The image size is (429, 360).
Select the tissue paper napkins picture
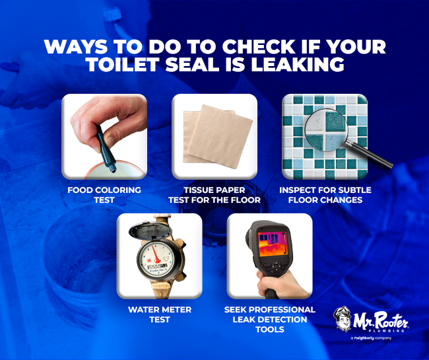(213, 136)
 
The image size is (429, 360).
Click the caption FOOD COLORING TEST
(104, 196)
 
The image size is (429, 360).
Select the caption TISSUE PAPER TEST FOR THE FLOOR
(214, 196)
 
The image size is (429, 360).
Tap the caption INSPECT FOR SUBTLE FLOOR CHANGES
(325, 196)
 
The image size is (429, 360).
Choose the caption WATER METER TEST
(160, 314)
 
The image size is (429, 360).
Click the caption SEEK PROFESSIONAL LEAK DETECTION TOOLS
(270, 319)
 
